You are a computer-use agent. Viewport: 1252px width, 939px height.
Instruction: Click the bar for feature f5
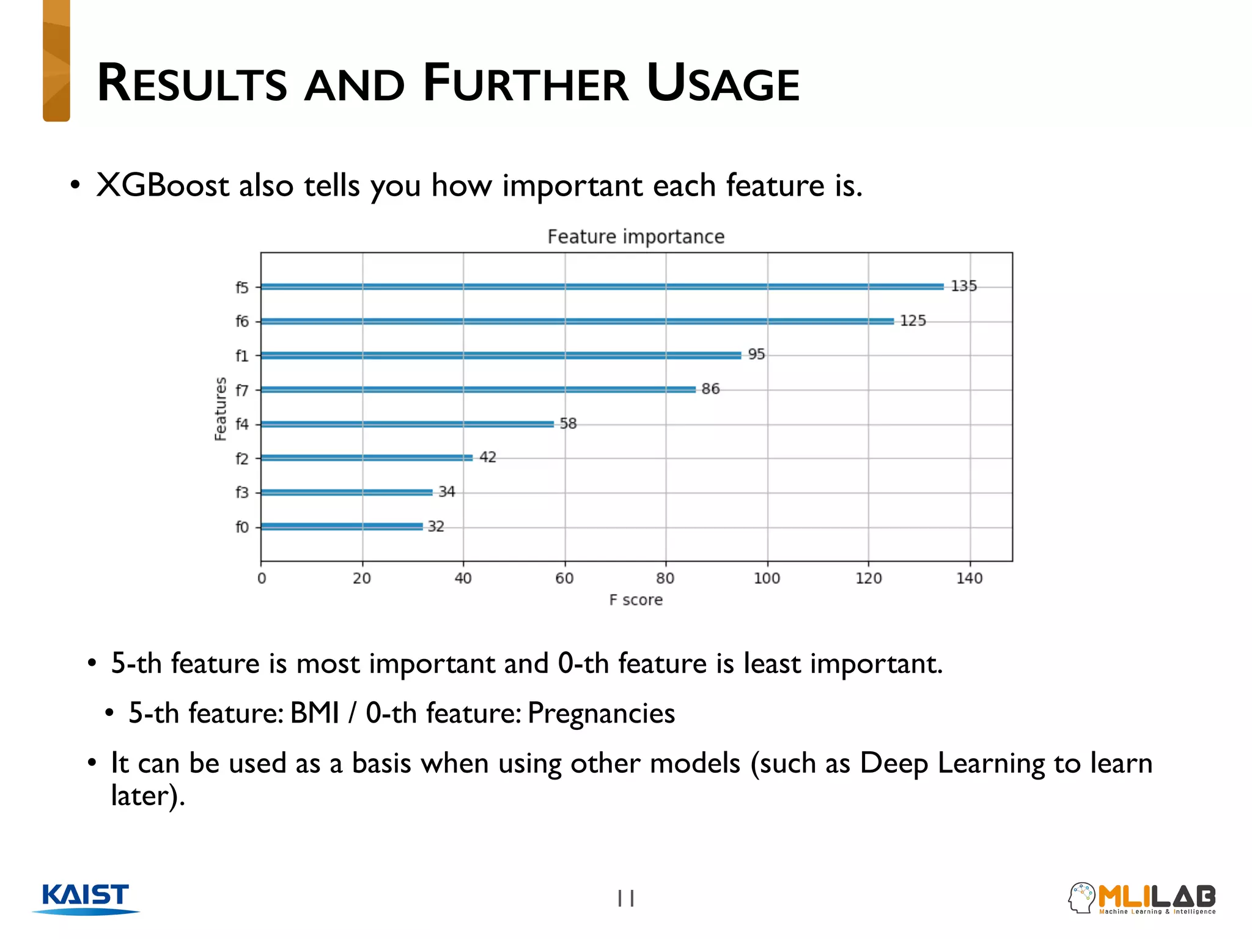click(x=602, y=286)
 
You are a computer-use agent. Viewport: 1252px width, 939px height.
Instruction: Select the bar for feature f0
click(x=342, y=526)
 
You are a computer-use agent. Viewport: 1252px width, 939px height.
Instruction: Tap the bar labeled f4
click(x=407, y=424)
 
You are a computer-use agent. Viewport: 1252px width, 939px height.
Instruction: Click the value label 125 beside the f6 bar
click(x=913, y=321)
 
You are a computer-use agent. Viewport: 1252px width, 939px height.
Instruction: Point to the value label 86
click(x=710, y=389)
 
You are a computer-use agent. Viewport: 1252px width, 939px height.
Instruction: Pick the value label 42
click(x=488, y=457)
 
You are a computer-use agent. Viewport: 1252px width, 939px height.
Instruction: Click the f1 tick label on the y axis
click(x=242, y=356)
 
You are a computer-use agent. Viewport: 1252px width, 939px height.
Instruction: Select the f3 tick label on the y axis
click(x=242, y=493)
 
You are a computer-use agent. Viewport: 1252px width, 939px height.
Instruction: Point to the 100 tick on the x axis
click(x=767, y=578)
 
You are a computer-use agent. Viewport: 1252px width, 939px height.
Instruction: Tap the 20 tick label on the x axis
click(x=362, y=578)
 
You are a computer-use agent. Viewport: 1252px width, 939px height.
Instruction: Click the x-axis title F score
click(x=636, y=600)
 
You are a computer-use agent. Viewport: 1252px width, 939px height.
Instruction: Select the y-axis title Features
click(x=221, y=408)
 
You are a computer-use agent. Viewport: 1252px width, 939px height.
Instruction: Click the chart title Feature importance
click(x=636, y=237)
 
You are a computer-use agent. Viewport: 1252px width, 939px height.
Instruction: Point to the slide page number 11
click(x=626, y=898)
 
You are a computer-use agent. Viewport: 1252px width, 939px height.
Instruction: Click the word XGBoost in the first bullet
click(x=163, y=185)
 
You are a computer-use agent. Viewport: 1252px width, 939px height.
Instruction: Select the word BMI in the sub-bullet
click(x=314, y=713)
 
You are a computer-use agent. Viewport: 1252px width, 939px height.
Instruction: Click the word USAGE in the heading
click(x=723, y=84)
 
